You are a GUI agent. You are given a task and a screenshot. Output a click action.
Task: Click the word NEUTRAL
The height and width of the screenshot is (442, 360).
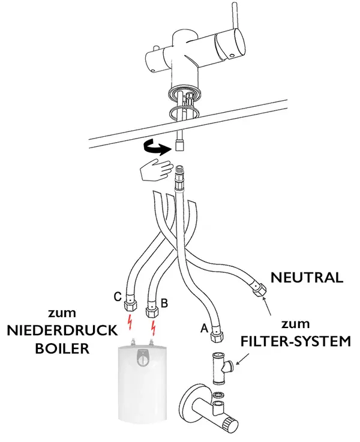point(307,277)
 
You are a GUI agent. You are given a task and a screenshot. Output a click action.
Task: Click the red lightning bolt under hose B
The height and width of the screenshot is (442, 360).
point(155,329)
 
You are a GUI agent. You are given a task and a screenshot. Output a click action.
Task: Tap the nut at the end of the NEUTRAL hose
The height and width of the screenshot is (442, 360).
point(258,290)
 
